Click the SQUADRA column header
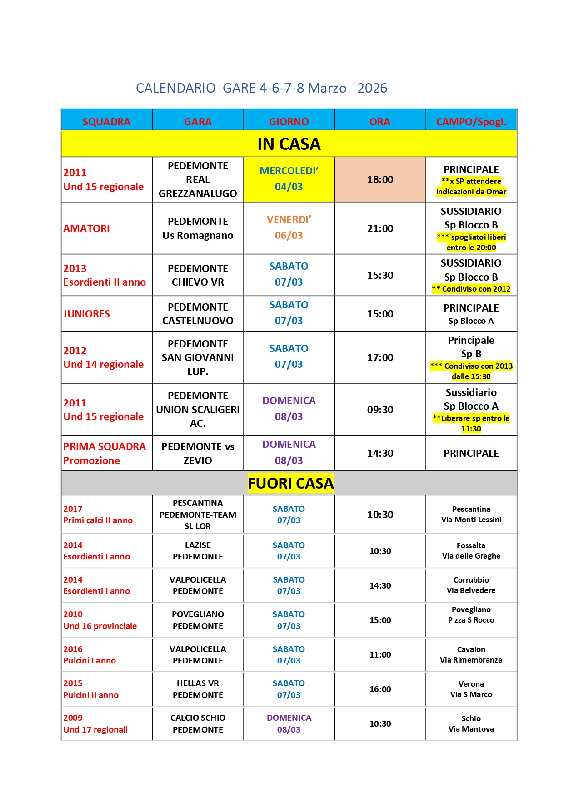(x=106, y=122)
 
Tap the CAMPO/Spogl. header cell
(x=471, y=122)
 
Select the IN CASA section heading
(x=289, y=144)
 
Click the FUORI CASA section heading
(x=290, y=483)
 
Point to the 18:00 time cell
(x=380, y=179)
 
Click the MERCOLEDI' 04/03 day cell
(x=289, y=179)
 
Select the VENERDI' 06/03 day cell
(x=289, y=228)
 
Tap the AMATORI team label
(x=87, y=228)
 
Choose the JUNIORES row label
(x=87, y=314)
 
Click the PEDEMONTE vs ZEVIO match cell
(x=198, y=453)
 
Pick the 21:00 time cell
(x=380, y=228)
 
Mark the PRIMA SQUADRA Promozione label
(x=105, y=453)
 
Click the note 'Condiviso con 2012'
(x=471, y=289)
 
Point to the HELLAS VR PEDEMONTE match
(x=198, y=689)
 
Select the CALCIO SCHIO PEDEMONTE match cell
(x=198, y=723)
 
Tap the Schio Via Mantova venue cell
(x=471, y=723)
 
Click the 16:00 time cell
(x=380, y=689)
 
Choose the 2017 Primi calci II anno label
(x=98, y=515)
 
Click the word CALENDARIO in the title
(x=175, y=88)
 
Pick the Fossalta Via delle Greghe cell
(x=471, y=550)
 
